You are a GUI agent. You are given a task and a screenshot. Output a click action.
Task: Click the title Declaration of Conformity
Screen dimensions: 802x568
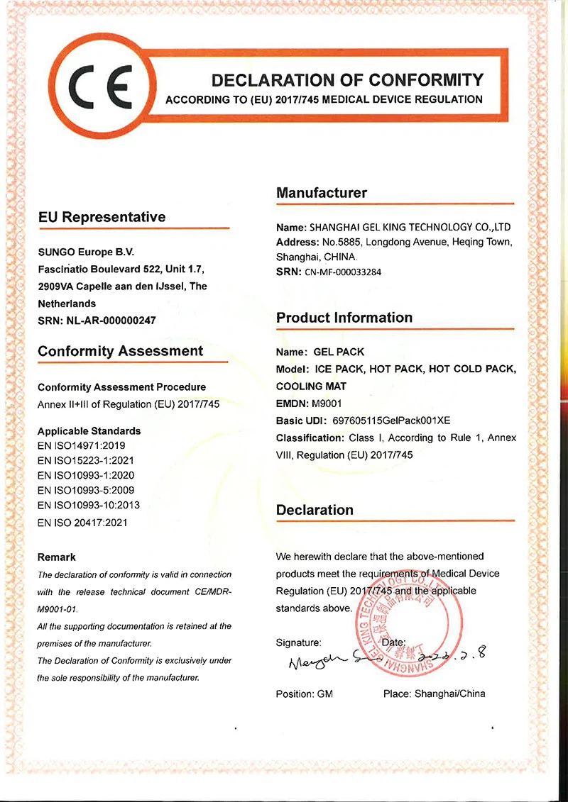point(348,79)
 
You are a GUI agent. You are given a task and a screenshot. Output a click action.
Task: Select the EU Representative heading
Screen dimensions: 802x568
point(102,217)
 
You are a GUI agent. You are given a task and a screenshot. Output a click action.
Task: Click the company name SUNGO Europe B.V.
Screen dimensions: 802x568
point(85,252)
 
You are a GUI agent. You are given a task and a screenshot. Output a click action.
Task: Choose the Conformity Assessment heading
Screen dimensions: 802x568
point(120,351)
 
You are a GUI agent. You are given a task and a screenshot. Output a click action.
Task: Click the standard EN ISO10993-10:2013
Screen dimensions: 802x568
point(88,505)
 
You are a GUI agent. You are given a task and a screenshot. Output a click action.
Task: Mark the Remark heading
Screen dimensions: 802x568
point(56,557)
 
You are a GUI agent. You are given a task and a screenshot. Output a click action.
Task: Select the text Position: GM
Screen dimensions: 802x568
point(304,694)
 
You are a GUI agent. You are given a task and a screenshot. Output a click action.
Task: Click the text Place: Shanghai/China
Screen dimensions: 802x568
point(434,694)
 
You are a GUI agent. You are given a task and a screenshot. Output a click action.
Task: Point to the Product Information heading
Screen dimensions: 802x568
point(344,317)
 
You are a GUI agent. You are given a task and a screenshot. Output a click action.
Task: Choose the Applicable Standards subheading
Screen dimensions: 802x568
point(89,430)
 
